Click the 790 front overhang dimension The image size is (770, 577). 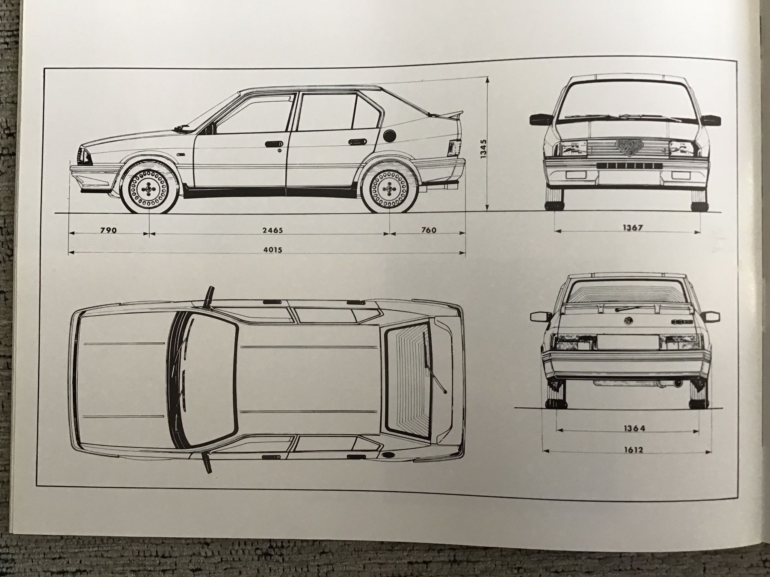[108, 230]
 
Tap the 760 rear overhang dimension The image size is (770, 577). [429, 230]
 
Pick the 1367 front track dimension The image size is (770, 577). [632, 228]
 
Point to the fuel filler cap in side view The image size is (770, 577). [390, 135]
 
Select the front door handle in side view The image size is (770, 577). [272, 144]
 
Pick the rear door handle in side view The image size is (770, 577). [356, 141]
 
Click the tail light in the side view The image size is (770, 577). [454, 148]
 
